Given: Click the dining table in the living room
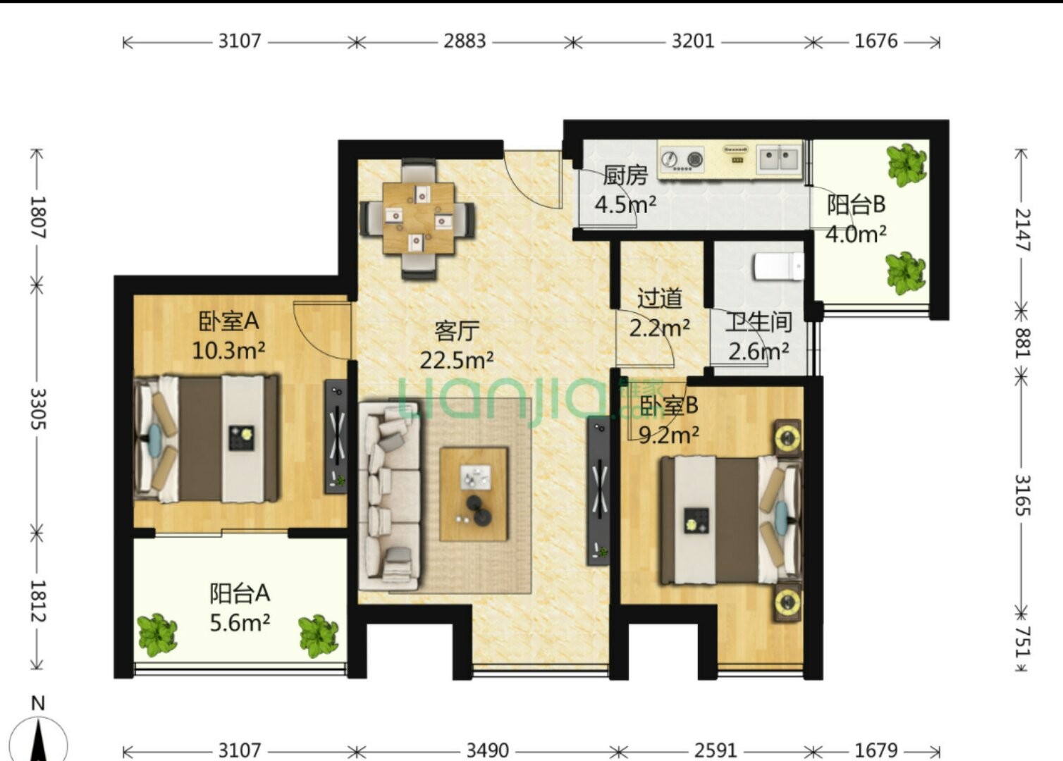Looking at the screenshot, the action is (x=419, y=218).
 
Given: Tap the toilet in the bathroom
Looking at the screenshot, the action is (x=779, y=266).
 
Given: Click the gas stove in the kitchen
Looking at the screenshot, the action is (x=682, y=160).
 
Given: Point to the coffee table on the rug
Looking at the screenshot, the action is (x=473, y=494).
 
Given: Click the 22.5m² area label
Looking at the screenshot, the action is (x=457, y=361).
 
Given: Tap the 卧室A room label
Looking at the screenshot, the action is (x=228, y=321).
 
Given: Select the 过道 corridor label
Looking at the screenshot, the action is (x=659, y=298).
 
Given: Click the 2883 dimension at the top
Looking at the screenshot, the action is (x=465, y=42).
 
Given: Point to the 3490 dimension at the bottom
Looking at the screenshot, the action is (x=487, y=750).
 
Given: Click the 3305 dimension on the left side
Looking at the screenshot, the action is (x=38, y=409).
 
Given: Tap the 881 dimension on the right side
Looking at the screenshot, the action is (x=1022, y=342).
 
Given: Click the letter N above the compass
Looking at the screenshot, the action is (x=38, y=703).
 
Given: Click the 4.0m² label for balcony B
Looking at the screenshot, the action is (x=856, y=234).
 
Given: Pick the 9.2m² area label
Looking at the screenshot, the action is (x=669, y=435).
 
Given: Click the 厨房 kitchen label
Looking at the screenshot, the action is (x=625, y=175).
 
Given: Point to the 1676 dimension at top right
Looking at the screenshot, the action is (x=876, y=42).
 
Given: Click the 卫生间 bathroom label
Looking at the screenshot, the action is (x=758, y=322).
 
